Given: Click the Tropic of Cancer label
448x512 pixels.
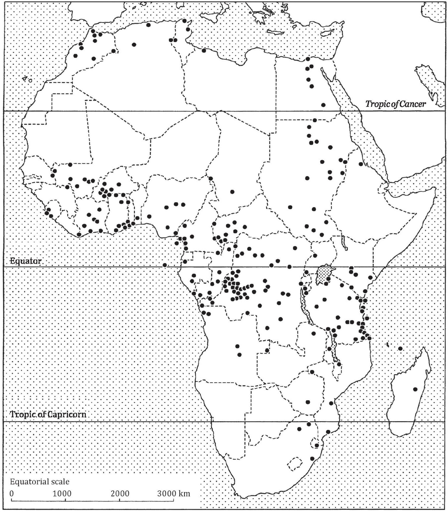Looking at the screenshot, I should [x=395, y=104].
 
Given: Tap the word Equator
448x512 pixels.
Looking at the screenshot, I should [x=26, y=261].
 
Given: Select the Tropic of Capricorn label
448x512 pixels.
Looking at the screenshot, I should [x=48, y=415].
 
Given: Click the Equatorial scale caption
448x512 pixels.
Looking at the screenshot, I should [x=40, y=482].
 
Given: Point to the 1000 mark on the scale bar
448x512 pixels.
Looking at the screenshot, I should [x=62, y=494].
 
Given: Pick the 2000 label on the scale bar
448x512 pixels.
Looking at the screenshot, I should [x=120, y=494].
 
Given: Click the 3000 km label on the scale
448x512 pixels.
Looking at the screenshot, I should [x=173, y=494].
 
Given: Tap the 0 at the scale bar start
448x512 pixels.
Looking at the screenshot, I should [x=12, y=494].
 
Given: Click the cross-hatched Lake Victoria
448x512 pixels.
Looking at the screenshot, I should [x=324, y=274].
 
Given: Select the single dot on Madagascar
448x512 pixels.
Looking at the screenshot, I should [x=415, y=389].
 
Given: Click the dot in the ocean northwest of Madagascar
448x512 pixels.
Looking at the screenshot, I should [x=400, y=348].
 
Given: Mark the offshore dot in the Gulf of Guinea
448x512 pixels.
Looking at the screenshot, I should [x=165, y=265].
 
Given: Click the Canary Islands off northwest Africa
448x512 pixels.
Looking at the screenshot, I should [x=27, y=79].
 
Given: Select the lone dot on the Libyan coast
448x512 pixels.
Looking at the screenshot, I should [x=204, y=50].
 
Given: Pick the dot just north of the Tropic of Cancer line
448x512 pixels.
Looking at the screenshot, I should [x=323, y=105].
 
